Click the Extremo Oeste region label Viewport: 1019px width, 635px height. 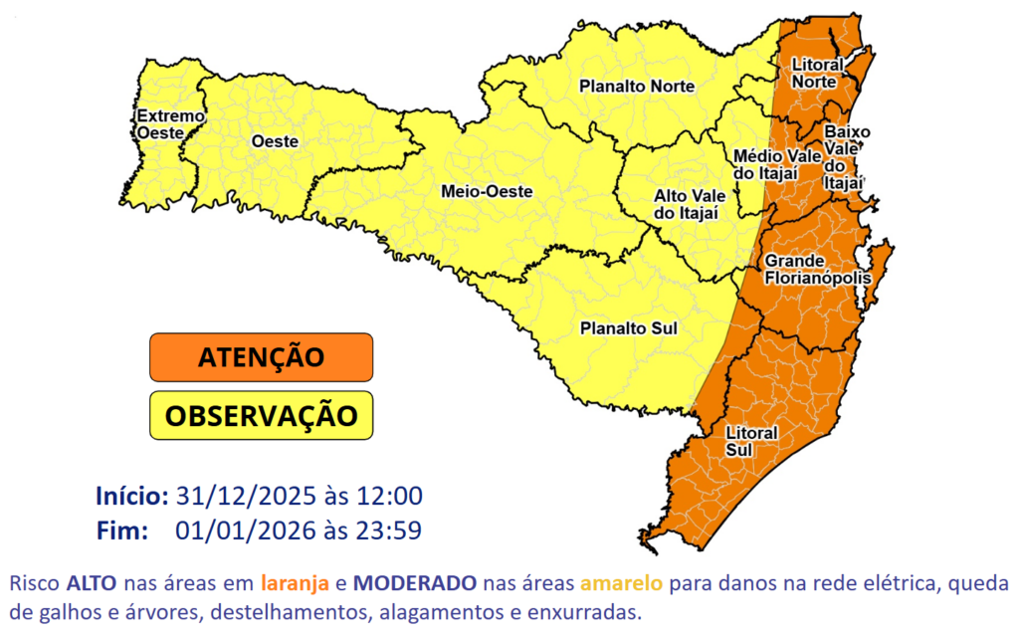pyautogui.click(x=170, y=124)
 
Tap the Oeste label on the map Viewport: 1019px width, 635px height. pyautogui.click(x=275, y=142)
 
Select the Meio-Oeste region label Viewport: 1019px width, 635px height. pyautogui.click(x=487, y=191)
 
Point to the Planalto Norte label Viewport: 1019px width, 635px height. pyautogui.click(x=637, y=87)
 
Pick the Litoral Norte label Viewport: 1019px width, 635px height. pyautogui.click(x=817, y=73)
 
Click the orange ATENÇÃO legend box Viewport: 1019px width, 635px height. pyautogui.click(x=261, y=356)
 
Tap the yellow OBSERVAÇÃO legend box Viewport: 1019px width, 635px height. pyautogui.click(x=261, y=415)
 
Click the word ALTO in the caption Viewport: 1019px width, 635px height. pyautogui.click(x=94, y=581)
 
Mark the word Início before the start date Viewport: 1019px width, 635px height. pyautogui.click(x=131, y=496)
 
